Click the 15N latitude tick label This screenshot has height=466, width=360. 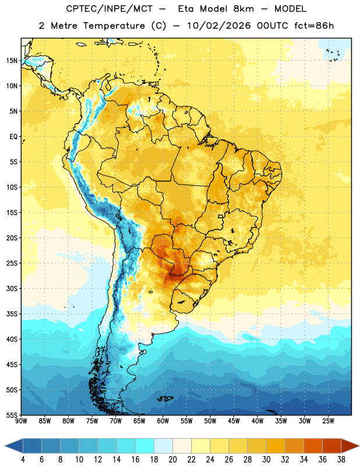[x=12, y=61]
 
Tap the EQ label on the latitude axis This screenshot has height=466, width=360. [x=13, y=137]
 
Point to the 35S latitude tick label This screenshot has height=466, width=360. [x=12, y=314]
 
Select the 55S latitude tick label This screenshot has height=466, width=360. [x=12, y=415]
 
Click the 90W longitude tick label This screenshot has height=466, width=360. [x=21, y=421]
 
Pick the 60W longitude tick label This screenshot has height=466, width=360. [x=163, y=421]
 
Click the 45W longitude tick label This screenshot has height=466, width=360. [x=234, y=421]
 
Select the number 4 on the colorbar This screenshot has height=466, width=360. [x=23, y=460]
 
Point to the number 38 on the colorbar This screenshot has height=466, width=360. [x=341, y=460]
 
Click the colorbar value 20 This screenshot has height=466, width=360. [x=172, y=460]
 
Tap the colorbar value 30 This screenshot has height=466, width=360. [x=266, y=460]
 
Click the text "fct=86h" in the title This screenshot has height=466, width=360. [x=314, y=26]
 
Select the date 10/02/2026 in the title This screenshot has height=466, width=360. [x=218, y=26]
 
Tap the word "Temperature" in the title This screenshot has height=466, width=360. [x=114, y=26]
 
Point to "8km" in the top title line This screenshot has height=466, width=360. [x=243, y=9]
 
